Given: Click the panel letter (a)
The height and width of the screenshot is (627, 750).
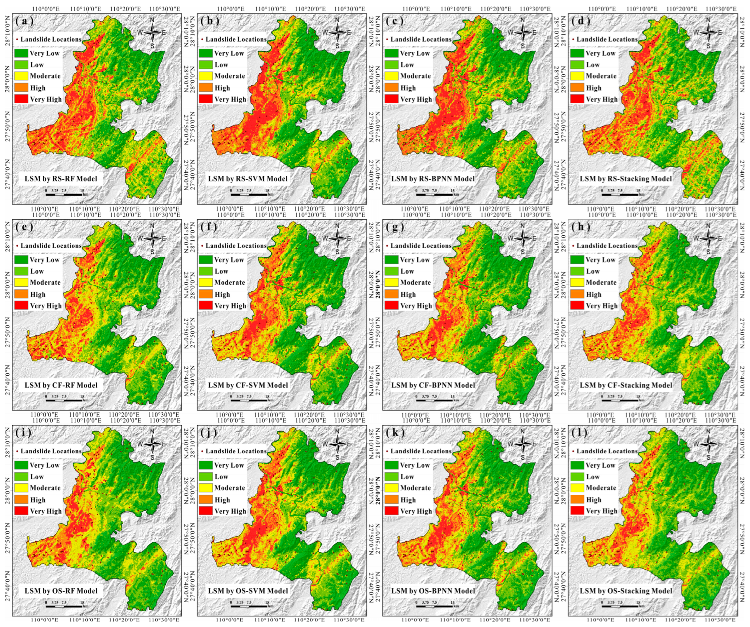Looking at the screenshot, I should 24,21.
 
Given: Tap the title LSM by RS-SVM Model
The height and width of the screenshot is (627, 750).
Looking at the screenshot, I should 248,179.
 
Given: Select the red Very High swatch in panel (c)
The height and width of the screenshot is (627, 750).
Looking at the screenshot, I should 391,99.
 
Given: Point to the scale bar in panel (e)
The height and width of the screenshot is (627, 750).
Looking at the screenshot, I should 65,400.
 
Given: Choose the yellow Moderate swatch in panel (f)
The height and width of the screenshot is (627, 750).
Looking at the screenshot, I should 206,282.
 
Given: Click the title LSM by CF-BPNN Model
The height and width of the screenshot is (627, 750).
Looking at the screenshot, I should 433,385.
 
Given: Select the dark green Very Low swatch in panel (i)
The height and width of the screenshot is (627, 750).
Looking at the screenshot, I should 21,465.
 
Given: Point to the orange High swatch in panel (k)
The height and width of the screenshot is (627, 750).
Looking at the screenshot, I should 391,499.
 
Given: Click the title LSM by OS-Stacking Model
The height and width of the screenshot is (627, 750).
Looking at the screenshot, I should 626,591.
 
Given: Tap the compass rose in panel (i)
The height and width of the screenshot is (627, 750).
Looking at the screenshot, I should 152,444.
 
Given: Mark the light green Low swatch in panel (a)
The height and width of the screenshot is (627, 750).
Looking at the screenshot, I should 21,65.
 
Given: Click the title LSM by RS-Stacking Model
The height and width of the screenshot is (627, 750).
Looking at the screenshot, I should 626,179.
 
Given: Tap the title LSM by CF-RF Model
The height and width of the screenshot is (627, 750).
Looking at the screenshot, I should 61,385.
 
